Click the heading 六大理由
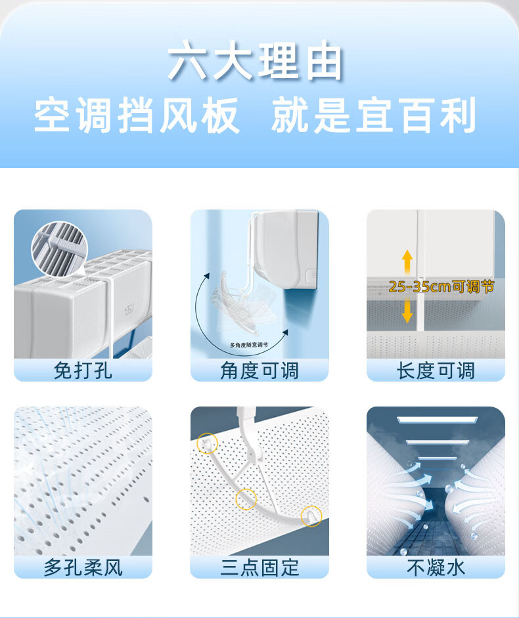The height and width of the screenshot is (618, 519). pyautogui.click(x=255, y=62)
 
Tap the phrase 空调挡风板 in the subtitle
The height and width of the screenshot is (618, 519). pyautogui.click(x=137, y=115)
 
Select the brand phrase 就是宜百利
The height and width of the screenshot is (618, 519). pyautogui.click(x=373, y=115)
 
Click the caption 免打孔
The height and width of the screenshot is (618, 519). pyautogui.click(x=83, y=370)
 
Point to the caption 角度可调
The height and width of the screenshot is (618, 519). pyautogui.click(x=259, y=370)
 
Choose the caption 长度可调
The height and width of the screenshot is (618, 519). pyautogui.click(x=436, y=370)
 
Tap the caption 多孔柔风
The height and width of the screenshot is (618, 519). pyautogui.click(x=83, y=567)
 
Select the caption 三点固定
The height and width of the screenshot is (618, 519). pyautogui.click(x=259, y=567)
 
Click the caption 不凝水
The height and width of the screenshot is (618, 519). pyautogui.click(x=436, y=567)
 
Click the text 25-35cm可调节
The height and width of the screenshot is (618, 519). pyautogui.click(x=441, y=286)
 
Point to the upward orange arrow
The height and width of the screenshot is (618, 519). pyautogui.click(x=407, y=262)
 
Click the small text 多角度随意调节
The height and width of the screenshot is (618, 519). pyautogui.click(x=249, y=345)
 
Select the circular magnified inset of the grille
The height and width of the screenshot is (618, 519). pyautogui.click(x=59, y=249)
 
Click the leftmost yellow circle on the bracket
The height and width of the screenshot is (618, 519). pyautogui.click(x=207, y=443)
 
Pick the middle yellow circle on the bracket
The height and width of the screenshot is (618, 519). pyautogui.click(x=246, y=499)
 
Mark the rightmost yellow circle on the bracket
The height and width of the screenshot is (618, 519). pyautogui.click(x=311, y=516)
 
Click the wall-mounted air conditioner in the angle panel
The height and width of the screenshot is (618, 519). pyautogui.click(x=286, y=249)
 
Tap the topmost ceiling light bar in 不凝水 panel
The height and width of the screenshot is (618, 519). pyautogui.click(x=437, y=420)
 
